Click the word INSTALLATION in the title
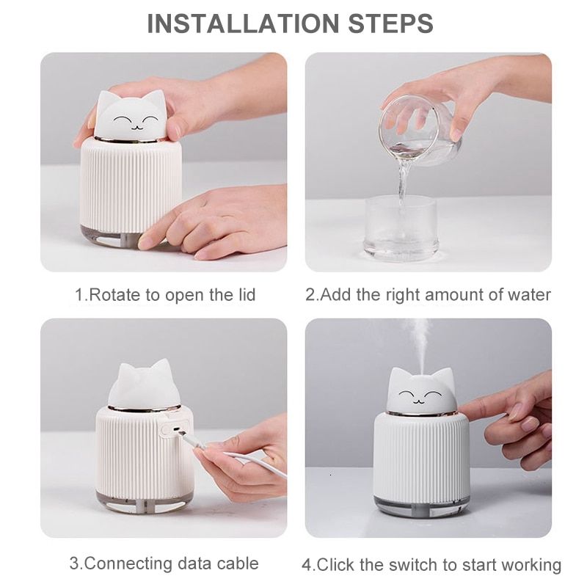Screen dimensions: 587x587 click(243, 23)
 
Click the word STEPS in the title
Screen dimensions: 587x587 click(390, 23)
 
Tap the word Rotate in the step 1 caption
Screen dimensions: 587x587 click(115, 295)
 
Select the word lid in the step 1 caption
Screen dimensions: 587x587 click(247, 294)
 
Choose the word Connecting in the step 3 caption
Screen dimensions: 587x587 click(129, 564)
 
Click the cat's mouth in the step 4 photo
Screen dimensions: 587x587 click(419, 402)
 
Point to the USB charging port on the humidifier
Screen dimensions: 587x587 click(176, 429)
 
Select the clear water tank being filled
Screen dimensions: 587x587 click(401, 228)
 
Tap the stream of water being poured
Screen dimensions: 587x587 click(403, 183)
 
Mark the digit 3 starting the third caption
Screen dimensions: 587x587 click(74, 564)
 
